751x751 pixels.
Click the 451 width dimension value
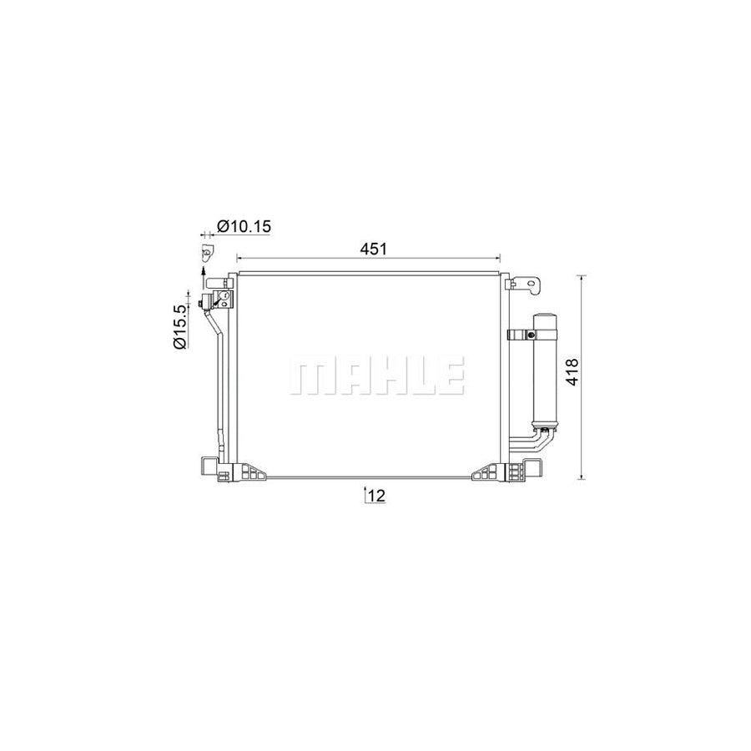[x=373, y=249]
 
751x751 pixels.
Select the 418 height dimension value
[x=572, y=371]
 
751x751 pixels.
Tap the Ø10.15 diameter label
[x=244, y=225]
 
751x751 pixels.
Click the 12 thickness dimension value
[x=377, y=496]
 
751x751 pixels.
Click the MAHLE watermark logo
[x=376, y=375]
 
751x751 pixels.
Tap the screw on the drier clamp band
[x=529, y=335]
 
